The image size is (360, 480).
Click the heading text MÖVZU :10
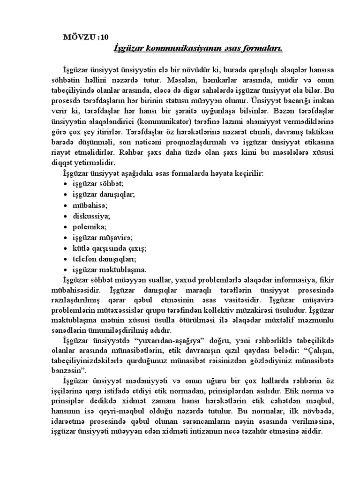click(x=88, y=38)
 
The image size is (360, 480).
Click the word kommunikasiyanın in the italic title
click(x=175, y=48)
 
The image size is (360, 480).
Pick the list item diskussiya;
click(x=91, y=216)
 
